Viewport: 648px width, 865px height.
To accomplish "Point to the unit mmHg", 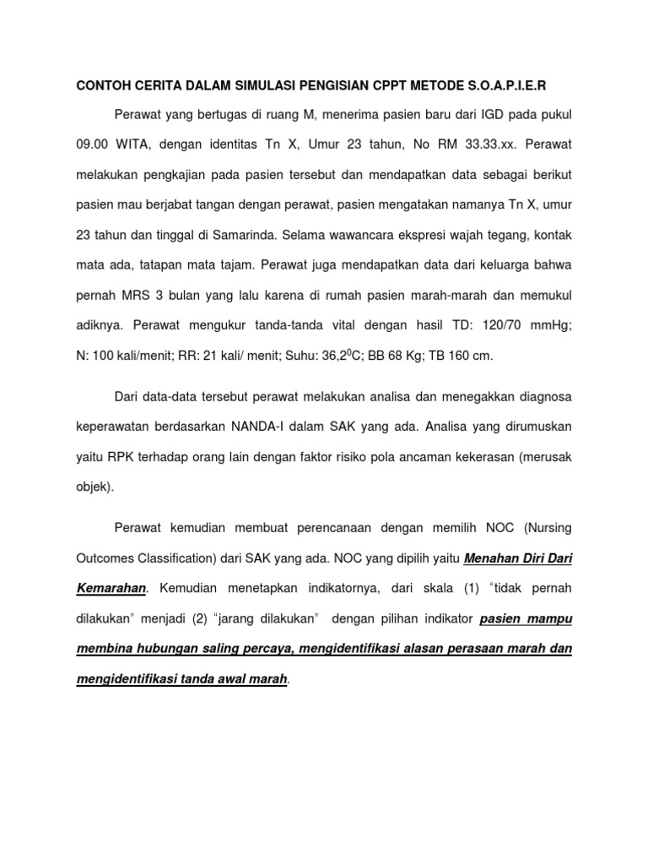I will pos(554,326).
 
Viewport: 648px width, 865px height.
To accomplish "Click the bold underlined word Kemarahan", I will pos(113,588).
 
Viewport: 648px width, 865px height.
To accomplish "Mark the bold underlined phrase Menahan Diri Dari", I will pos(518,558).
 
